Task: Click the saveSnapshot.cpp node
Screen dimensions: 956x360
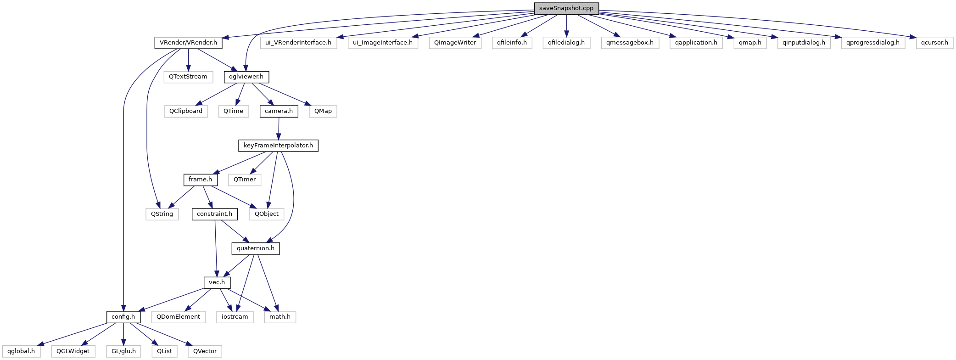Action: click(566, 8)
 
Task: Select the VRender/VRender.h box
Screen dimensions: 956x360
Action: click(188, 43)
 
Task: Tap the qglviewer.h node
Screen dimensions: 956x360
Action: click(246, 77)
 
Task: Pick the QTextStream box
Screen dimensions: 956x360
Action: click(188, 77)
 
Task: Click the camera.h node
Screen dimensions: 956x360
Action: click(279, 111)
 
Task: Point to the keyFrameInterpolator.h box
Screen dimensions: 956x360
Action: click(278, 146)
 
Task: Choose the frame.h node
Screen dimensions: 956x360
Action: click(200, 180)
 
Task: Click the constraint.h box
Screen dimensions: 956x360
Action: click(214, 214)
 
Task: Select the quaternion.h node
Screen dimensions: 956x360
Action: click(256, 248)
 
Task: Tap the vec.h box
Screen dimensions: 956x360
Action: click(217, 282)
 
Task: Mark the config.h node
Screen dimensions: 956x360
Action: click(123, 317)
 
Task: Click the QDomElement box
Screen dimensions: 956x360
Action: click(178, 317)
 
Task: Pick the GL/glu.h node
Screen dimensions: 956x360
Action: click(123, 351)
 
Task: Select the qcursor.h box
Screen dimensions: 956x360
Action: click(934, 43)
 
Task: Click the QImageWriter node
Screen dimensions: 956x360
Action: click(455, 43)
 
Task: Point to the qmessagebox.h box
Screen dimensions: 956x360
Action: click(630, 43)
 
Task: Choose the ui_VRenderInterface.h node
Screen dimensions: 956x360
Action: click(298, 43)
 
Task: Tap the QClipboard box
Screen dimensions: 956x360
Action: click(185, 111)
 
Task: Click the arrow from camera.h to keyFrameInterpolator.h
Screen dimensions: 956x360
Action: click(278, 129)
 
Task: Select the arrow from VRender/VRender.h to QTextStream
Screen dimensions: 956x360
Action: click(188, 60)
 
